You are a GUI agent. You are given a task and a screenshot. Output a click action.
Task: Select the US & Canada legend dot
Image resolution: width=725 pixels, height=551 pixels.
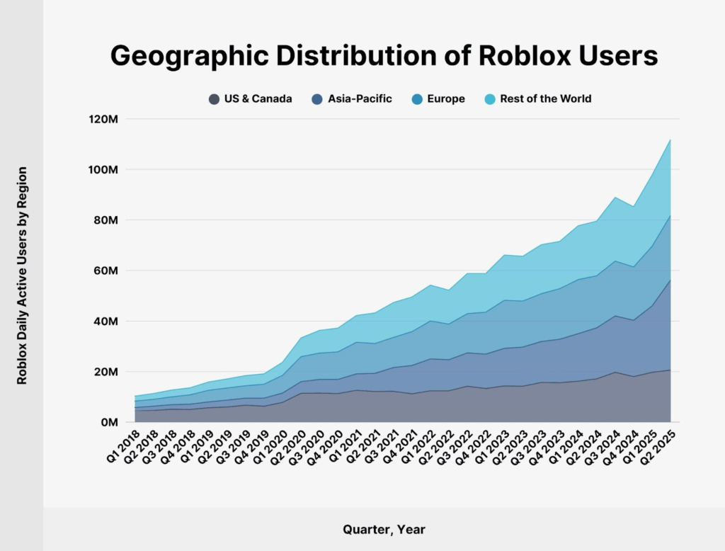click(x=215, y=99)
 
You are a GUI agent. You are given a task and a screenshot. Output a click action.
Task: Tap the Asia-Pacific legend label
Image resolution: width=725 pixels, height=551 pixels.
click(x=360, y=99)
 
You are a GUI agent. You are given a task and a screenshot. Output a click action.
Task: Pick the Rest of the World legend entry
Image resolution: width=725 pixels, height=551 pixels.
click(x=545, y=99)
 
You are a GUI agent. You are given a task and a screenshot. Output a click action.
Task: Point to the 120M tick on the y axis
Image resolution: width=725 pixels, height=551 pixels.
click(x=102, y=119)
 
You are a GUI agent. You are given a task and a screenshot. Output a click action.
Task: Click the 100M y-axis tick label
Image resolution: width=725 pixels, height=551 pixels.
click(x=102, y=170)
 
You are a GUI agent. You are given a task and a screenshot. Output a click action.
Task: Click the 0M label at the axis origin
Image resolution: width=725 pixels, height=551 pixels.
click(x=108, y=422)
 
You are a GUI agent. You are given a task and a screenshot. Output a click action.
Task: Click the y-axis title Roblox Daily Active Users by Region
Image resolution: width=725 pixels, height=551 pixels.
click(x=23, y=276)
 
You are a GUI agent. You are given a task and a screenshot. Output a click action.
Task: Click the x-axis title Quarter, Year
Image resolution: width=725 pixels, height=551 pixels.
click(x=384, y=529)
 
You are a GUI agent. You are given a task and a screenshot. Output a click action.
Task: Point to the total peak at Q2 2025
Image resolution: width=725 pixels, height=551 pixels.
click(x=670, y=140)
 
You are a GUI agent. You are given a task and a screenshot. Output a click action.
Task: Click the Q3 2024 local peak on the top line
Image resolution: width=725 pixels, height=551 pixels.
click(x=616, y=197)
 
